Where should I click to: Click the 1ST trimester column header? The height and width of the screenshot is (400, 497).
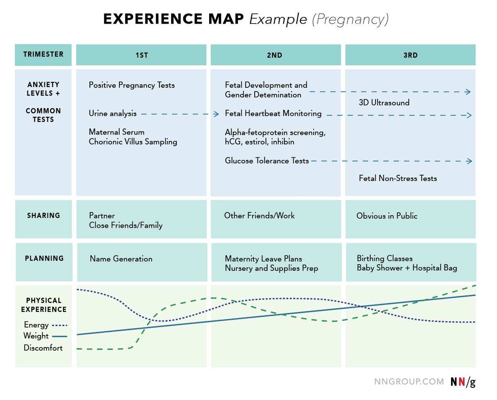click(x=141, y=55)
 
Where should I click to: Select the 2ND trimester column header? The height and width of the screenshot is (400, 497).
click(x=275, y=55)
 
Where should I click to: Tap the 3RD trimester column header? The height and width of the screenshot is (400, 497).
click(x=410, y=55)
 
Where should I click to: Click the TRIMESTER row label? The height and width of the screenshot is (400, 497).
click(x=43, y=54)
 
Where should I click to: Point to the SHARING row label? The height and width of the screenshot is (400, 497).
click(x=43, y=215)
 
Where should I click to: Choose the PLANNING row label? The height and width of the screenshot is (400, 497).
click(x=44, y=258)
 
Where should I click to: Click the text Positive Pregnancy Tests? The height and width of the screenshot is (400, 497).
click(x=132, y=85)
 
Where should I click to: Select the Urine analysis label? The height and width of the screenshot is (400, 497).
click(x=113, y=113)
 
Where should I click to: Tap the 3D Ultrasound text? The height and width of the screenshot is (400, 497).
click(x=384, y=103)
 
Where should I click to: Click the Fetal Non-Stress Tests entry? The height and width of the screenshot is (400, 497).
click(x=398, y=178)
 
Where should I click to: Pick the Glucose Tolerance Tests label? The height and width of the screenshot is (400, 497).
click(x=267, y=161)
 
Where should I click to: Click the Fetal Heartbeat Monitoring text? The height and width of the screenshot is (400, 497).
click(x=273, y=113)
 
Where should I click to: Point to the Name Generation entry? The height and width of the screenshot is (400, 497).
click(x=121, y=259)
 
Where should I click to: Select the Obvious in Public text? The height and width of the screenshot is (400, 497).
click(x=387, y=216)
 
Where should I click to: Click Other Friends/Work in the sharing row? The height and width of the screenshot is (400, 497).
click(x=259, y=215)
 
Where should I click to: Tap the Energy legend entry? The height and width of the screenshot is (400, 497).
click(x=36, y=325)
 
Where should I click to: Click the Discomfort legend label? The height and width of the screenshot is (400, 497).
click(x=43, y=348)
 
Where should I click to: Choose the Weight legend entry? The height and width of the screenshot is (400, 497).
click(x=36, y=336)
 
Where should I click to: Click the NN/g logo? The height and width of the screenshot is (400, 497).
click(x=463, y=382)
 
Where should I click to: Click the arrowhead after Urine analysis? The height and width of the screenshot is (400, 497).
click(x=216, y=114)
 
